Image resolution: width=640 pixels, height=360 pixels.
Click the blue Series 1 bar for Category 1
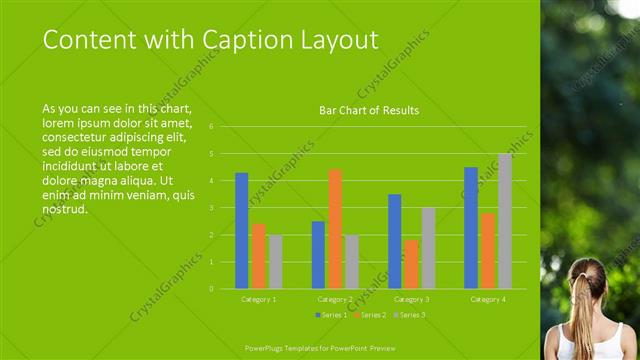pyautogui.click(x=242, y=231)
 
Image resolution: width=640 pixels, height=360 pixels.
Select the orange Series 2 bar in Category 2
pyautogui.click(x=335, y=229)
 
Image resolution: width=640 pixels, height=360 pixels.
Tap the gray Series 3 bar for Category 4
pyautogui.click(x=505, y=221)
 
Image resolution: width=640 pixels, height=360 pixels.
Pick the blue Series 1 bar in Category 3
pyautogui.click(x=395, y=241)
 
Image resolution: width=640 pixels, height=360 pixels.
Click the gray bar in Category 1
pyautogui.click(x=275, y=262)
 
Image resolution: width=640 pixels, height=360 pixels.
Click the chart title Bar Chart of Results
pyautogui.click(x=369, y=110)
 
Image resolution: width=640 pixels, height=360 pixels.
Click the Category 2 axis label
pyautogui.click(x=334, y=299)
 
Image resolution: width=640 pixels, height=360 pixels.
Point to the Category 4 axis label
pyautogui.click(x=488, y=299)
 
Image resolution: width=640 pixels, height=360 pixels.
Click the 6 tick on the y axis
pyautogui.click(x=211, y=127)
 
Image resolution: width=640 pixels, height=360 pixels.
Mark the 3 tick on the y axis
pyautogui.click(x=211, y=208)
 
